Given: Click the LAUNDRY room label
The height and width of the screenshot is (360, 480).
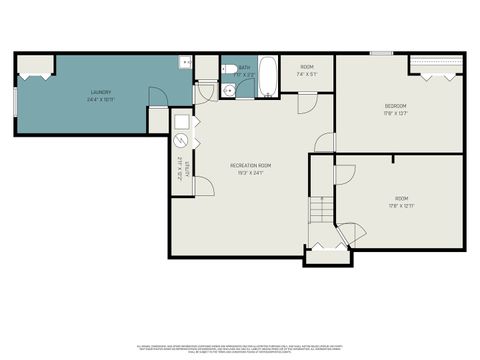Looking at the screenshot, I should click(x=100, y=93).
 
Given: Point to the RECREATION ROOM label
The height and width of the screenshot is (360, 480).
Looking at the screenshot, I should click(x=250, y=165).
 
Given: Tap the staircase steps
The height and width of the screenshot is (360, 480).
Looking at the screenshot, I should click(x=320, y=210).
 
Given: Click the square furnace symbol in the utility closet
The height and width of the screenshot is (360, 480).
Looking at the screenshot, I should click(x=183, y=123).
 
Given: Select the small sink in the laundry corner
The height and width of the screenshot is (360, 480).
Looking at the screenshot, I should click(x=185, y=63).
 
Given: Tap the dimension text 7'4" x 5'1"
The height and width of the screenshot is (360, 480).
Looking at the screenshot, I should click(x=307, y=74).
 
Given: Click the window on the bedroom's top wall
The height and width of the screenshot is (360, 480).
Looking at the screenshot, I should click(x=381, y=53).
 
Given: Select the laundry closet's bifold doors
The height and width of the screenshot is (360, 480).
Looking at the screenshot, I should click(x=34, y=71).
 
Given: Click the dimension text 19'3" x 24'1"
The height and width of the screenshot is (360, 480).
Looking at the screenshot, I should click(x=250, y=173).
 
